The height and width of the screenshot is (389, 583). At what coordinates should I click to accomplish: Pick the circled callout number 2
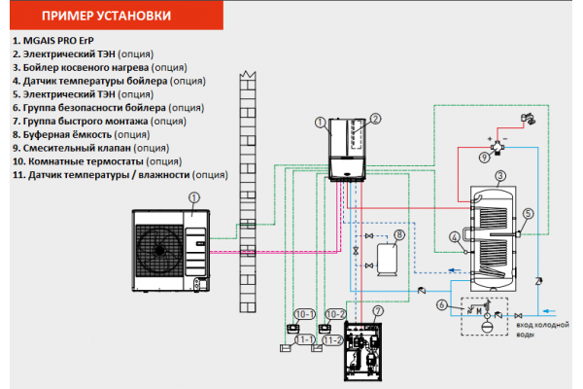click(374, 119)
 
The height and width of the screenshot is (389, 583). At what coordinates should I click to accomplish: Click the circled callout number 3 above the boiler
click(499, 176)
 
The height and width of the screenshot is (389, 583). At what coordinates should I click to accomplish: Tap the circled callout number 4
click(455, 235)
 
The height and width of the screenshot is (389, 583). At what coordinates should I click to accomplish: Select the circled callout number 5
click(528, 215)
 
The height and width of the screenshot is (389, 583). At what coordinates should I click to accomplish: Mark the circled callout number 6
click(442, 305)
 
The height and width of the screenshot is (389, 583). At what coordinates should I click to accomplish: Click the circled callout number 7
click(379, 311)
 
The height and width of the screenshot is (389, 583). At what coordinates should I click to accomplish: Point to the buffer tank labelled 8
click(389, 257)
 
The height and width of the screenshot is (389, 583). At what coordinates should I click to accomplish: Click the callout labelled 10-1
click(303, 314)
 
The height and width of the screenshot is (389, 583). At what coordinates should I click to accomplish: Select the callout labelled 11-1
click(303, 340)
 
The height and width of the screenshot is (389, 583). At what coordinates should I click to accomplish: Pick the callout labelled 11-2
click(332, 340)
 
